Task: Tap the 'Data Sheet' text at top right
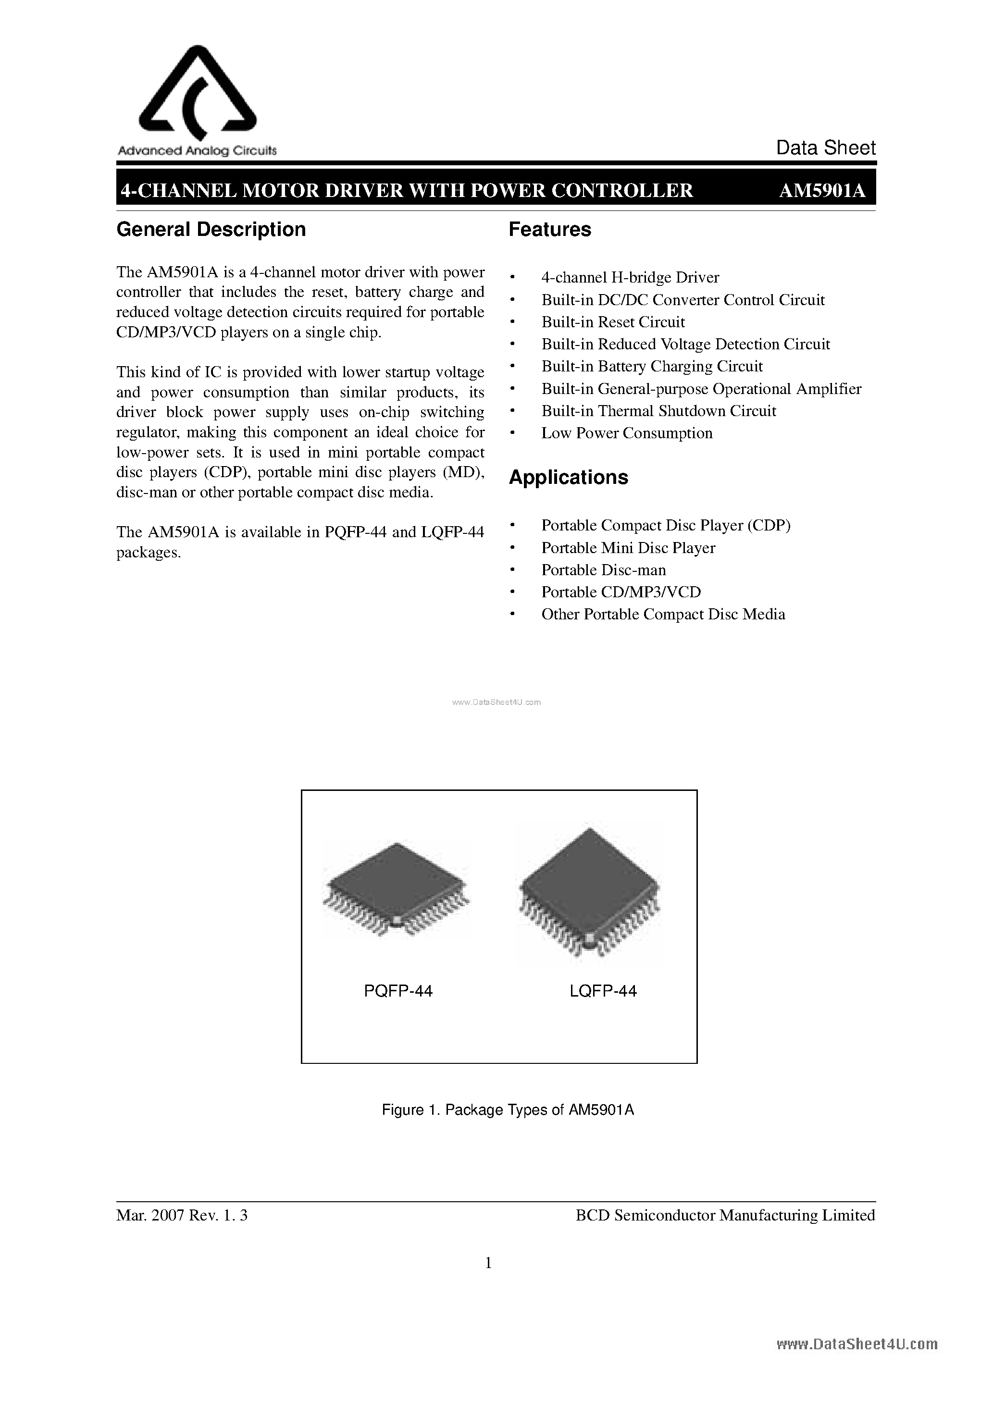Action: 825,148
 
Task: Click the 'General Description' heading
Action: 211,230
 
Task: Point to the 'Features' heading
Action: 549,230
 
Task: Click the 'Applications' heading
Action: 568,477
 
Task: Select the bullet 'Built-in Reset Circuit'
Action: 612,322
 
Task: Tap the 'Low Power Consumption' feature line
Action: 626,433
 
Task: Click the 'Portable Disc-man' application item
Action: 603,570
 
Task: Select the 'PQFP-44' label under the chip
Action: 398,991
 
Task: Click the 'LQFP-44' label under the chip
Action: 603,991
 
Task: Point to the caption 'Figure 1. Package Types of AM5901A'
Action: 508,1109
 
